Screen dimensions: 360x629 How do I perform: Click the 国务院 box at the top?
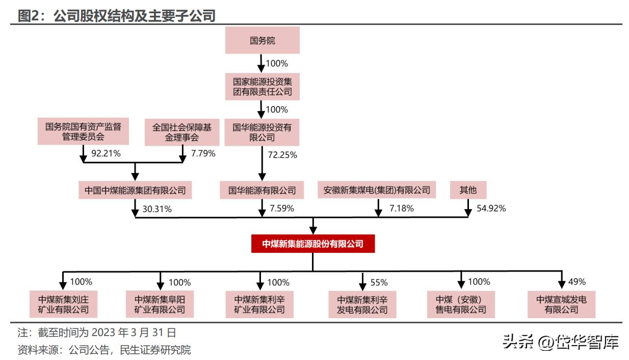(262, 40)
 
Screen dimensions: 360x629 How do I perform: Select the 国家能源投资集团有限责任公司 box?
(262, 86)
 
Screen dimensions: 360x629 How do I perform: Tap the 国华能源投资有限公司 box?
(262, 133)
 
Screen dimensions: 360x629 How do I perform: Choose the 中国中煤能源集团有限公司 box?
(135, 191)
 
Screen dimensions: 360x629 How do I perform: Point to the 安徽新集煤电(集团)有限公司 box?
(377, 191)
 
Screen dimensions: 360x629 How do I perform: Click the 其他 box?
(468, 191)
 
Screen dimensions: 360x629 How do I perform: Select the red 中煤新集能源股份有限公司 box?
(312, 244)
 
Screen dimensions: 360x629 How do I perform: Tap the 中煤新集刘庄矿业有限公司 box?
(63, 304)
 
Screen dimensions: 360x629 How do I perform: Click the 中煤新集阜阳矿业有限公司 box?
(160, 304)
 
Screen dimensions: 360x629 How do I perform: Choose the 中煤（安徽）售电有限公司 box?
(461, 304)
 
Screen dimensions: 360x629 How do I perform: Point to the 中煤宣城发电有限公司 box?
(561, 304)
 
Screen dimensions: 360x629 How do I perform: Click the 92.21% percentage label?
(106, 153)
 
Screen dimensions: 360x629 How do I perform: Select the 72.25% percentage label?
(282, 155)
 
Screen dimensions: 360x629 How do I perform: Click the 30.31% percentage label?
(156, 208)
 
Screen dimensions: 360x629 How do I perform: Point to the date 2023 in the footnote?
(103, 333)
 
